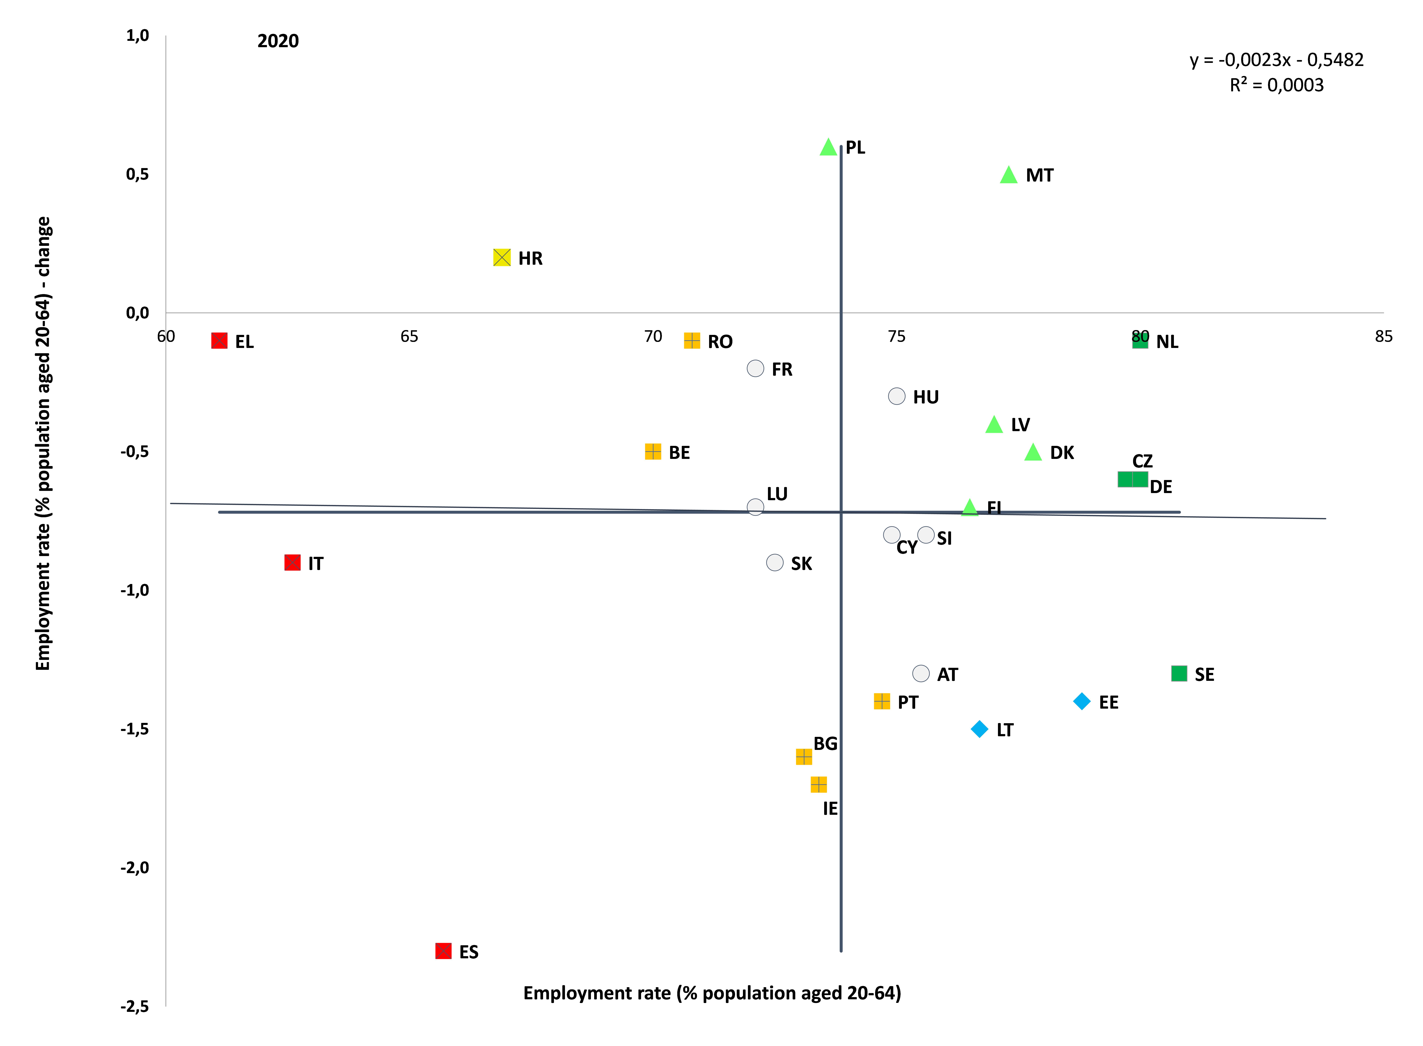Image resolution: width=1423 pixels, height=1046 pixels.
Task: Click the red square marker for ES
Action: point(444,951)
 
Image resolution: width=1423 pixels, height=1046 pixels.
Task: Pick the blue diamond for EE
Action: point(1082,702)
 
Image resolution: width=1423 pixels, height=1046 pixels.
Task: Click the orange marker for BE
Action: point(653,451)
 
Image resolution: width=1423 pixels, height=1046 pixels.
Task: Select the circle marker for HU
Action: point(897,396)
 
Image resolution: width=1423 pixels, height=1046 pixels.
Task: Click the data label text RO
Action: point(720,342)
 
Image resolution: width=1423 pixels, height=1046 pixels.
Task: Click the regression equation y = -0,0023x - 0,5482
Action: point(1277,60)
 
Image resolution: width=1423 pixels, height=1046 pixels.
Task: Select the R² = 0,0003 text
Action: point(1277,85)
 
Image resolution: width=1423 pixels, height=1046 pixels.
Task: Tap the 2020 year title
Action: point(278,41)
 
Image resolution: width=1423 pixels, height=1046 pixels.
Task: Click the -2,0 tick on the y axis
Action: point(135,867)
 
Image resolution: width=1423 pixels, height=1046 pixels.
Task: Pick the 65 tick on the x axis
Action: point(409,336)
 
